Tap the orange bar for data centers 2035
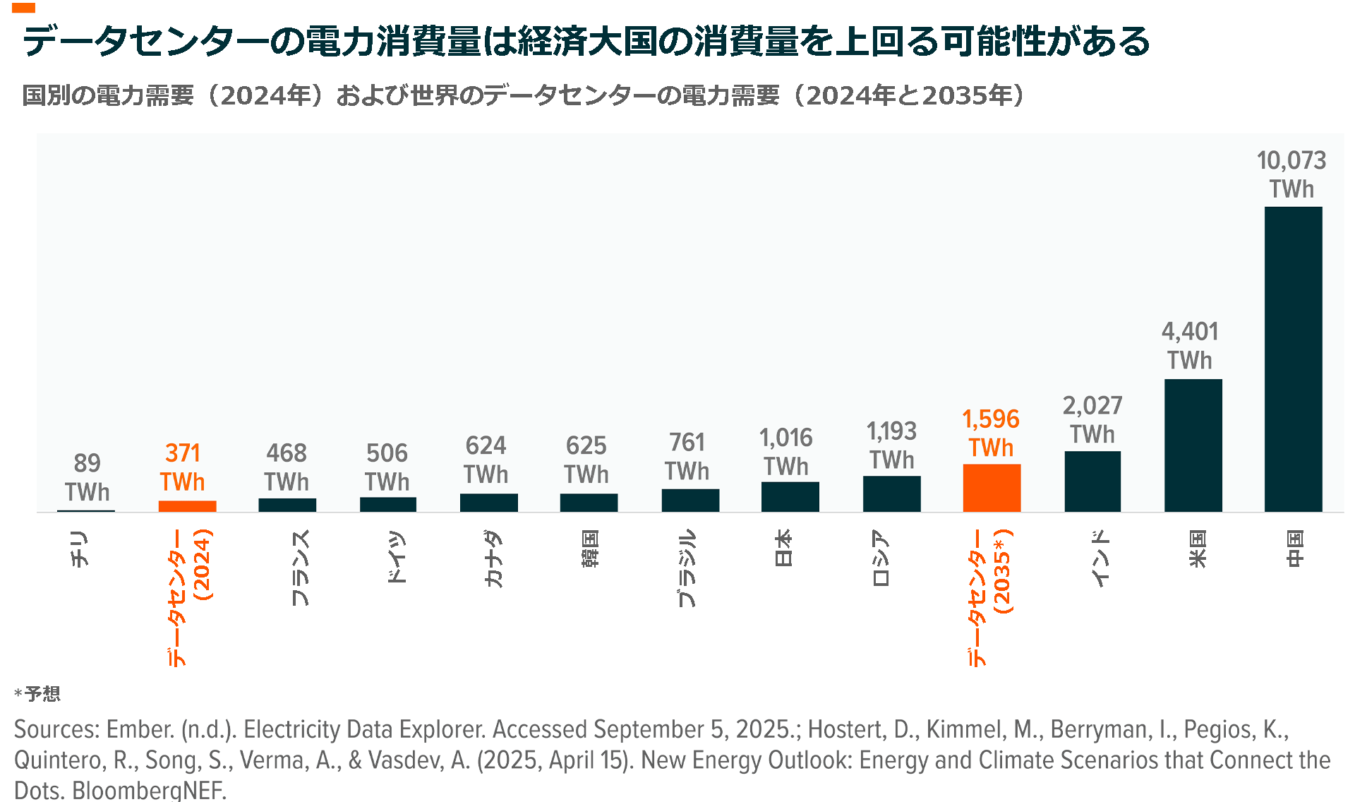pos(992,488)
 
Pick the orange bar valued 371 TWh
pos(187,505)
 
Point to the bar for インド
pos(1092,481)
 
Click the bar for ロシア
pos(891,493)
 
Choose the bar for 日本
pos(790,496)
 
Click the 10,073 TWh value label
pos(1291,174)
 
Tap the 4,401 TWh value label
pos(1190,345)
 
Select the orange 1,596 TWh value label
pos(991,433)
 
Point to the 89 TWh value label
pos(87,477)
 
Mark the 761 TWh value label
pos(687,456)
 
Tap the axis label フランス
pos(299,567)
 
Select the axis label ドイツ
pos(397,556)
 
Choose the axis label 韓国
pos(590,548)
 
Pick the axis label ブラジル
pos(686,568)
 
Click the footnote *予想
pos(37,693)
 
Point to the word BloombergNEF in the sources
pos(149,790)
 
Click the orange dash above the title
pos(23,8)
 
